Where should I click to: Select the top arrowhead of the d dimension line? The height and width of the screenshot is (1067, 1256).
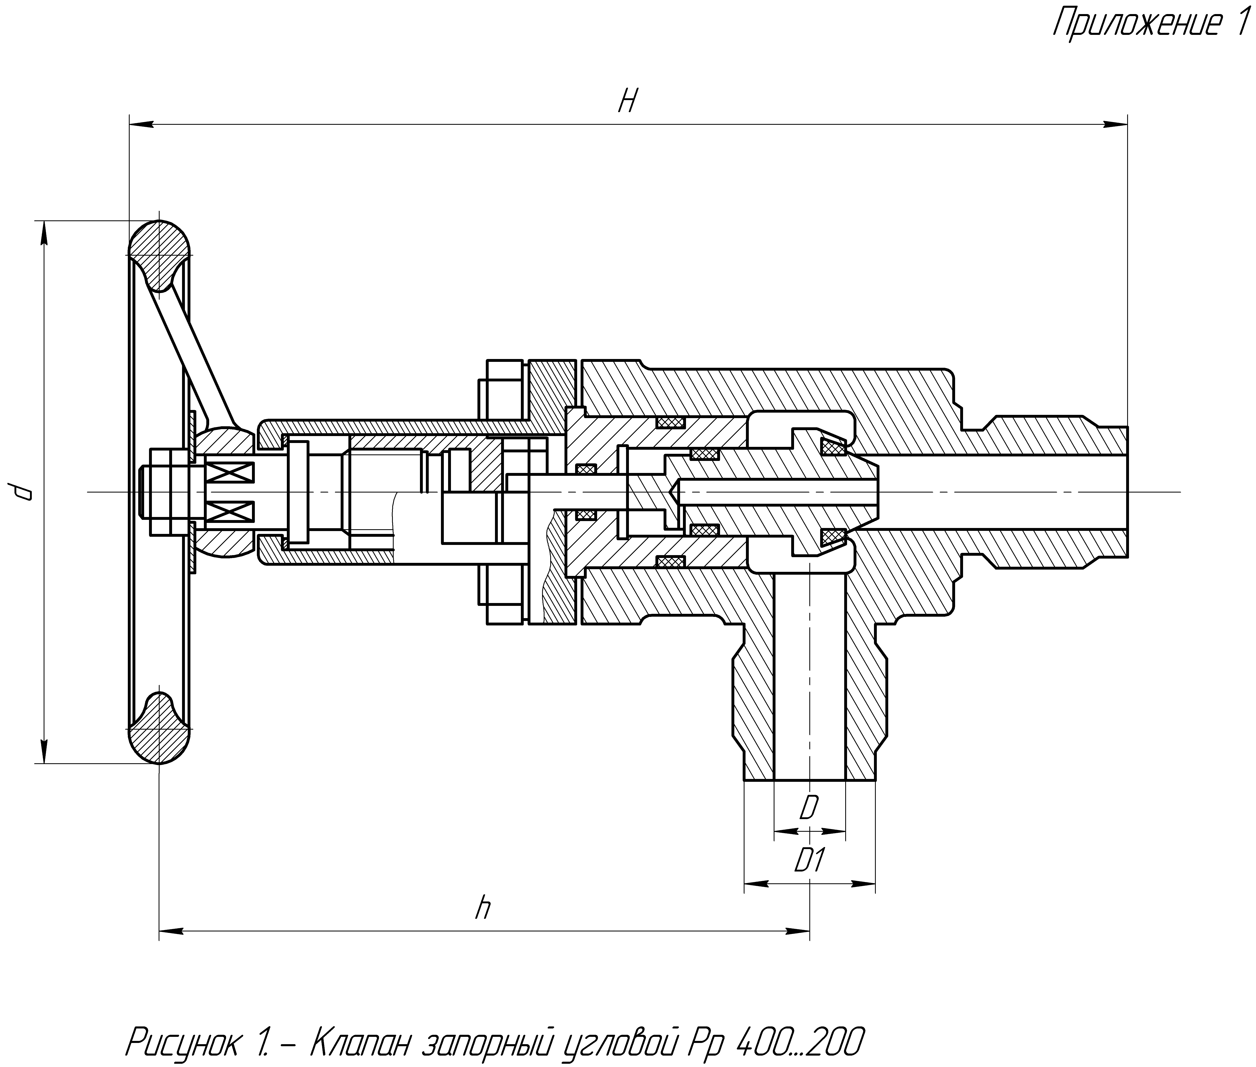[x=44, y=233]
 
